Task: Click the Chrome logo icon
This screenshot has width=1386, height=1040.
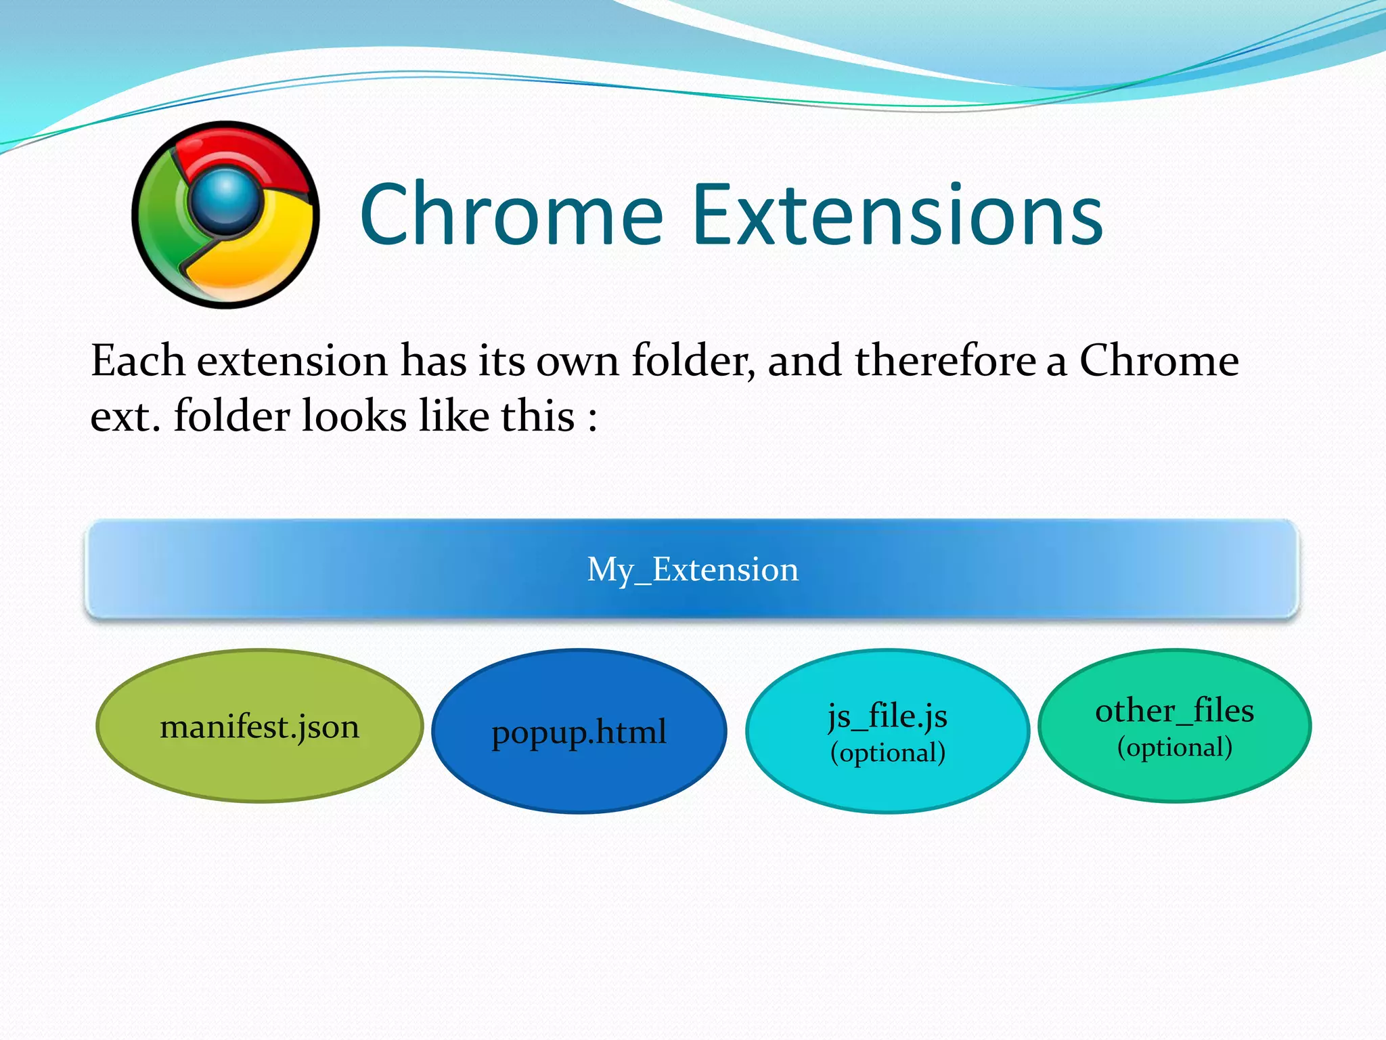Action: pos(225,215)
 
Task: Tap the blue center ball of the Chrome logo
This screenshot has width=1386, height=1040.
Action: pos(225,197)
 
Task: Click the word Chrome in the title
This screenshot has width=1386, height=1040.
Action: pos(511,215)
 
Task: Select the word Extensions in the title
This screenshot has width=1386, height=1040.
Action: pos(898,215)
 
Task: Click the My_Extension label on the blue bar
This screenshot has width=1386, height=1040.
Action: pos(692,569)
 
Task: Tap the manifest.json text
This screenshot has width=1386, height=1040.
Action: pos(259,727)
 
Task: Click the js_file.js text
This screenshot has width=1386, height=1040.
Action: pos(887,716)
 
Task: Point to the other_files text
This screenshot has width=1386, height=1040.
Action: pos(1174,710)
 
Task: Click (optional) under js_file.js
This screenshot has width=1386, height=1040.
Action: pos(887,752)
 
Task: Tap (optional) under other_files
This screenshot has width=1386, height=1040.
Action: pos(1174,747)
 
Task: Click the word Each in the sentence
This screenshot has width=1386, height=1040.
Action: pos(138,360)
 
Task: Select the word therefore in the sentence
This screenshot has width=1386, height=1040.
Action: pos(945,360)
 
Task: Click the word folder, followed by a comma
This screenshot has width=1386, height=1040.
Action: pos(693,360)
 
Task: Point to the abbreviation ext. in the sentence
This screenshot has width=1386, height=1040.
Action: pos(125,416)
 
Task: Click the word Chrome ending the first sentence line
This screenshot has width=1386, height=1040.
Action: pos(1159,360)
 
